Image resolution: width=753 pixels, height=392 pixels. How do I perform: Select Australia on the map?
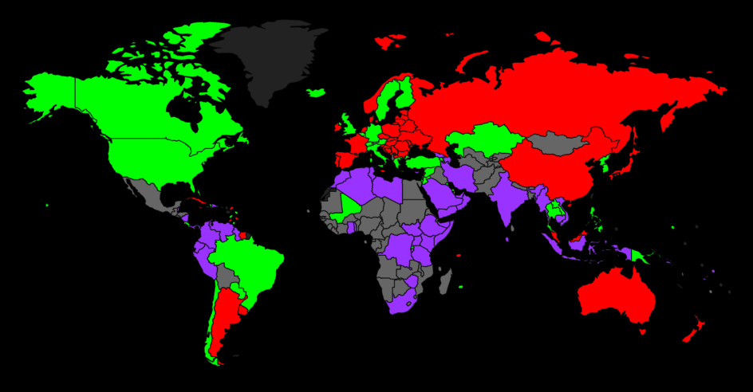click(614, 295)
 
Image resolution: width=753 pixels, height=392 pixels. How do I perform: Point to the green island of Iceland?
click(316, 93)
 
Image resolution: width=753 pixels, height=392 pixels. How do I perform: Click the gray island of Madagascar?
click(445, 280)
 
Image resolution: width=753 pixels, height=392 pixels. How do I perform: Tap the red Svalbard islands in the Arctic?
click(391, 40)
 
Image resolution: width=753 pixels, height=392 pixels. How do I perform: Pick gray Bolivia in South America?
click(227, 275)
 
